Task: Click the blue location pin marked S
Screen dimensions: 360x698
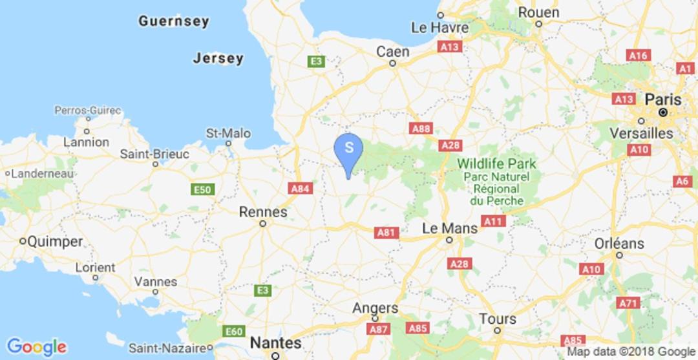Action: click(348, 150)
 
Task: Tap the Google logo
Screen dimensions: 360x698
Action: click(36, 346)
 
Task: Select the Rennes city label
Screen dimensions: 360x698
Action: click(263, 212)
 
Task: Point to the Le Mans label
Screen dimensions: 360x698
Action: click(450, 228)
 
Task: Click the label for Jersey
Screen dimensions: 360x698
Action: click(218, 58)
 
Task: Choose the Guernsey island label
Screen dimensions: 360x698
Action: click(174, 21)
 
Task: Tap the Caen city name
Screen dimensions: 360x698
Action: click(393, 51)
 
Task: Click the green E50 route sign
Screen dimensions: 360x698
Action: click(203, 189)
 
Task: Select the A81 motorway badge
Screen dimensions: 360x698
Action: click(386, 233)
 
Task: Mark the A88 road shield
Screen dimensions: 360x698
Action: click(421, 129)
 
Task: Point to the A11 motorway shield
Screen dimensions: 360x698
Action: click(493, 222)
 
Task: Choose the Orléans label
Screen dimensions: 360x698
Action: click(620, 244)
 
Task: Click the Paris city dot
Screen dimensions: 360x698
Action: click(662, 112)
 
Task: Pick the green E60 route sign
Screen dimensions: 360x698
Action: click(233, 332)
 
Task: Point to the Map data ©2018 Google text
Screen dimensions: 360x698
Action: click(631, 352)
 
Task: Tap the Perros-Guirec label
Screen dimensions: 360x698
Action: click(88, 111)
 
